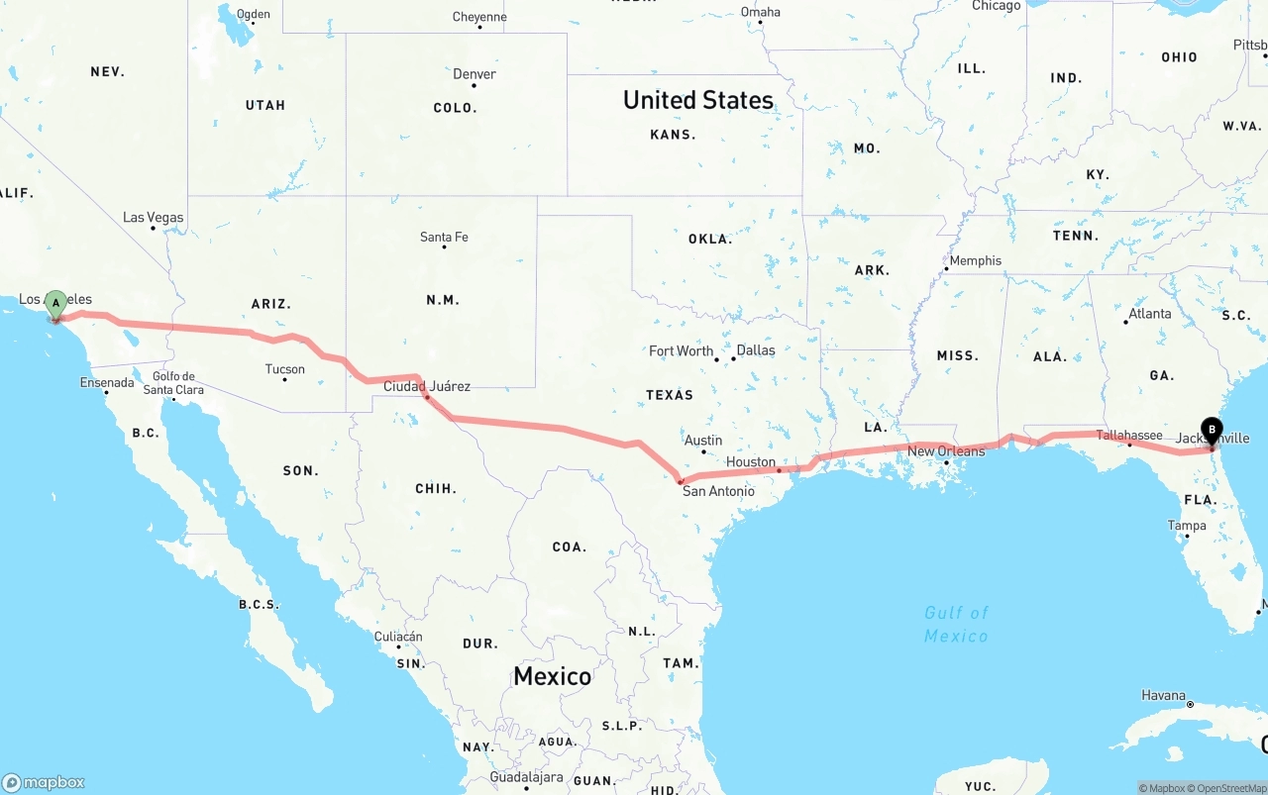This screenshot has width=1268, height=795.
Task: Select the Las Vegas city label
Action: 154,217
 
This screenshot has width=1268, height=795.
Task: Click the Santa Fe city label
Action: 444,237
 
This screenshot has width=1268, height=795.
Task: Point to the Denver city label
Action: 475,74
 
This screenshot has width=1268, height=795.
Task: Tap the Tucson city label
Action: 285,369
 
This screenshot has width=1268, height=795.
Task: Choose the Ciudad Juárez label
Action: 427,386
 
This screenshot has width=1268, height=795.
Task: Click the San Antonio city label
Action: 718,491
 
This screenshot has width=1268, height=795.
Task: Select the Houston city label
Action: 751,462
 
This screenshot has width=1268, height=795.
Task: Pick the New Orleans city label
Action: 946,451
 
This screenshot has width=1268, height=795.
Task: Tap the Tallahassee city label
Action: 1129,436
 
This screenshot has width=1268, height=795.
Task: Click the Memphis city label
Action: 975,261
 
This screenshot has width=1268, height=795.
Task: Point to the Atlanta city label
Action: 1149,314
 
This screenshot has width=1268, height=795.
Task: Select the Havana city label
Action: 1163,695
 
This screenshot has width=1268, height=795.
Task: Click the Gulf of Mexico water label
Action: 956,624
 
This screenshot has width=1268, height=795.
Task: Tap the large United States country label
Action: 698,100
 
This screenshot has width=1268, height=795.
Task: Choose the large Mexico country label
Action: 552,676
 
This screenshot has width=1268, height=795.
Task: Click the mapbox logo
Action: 44,782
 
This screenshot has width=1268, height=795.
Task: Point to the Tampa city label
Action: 1187,526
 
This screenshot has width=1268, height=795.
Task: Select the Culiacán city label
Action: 398,637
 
